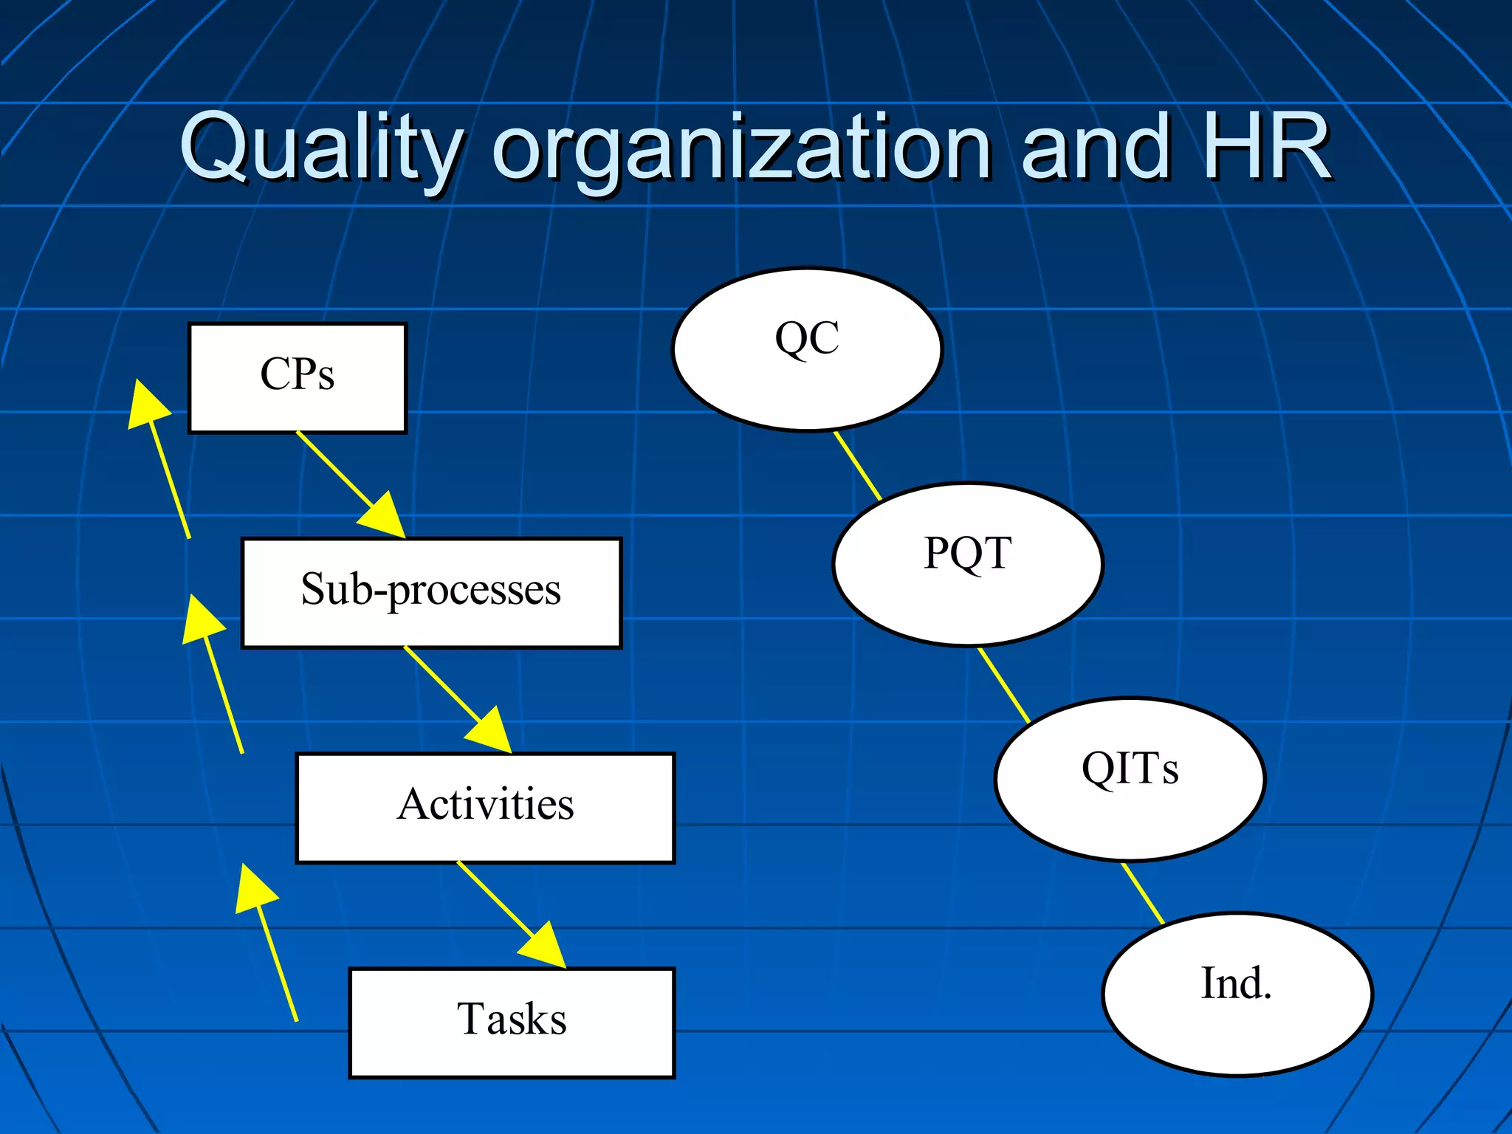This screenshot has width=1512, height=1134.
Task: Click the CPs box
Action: [x=297, y=377]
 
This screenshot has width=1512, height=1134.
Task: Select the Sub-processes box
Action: [x=431, y=593]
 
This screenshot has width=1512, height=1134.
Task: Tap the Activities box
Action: [x=485, y=807]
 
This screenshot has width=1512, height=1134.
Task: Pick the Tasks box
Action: [x=511, y=1022]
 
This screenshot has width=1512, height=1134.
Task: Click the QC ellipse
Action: [x=807, y=348]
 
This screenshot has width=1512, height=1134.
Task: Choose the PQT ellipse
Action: [x=967, y=564]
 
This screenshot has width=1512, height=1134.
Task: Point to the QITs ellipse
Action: [x=1129, y=779]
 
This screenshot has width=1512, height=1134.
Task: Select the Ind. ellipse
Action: [x=1237, y=994]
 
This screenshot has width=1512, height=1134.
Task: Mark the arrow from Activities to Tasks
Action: [x=509, y=913]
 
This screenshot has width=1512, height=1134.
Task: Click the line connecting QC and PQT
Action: [x=858, y=466]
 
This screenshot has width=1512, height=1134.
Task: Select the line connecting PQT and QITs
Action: [x=1003, y=684]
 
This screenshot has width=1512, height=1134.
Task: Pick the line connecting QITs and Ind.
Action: [x=1143, y=893]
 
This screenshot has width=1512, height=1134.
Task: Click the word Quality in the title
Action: [x=321, y=148]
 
